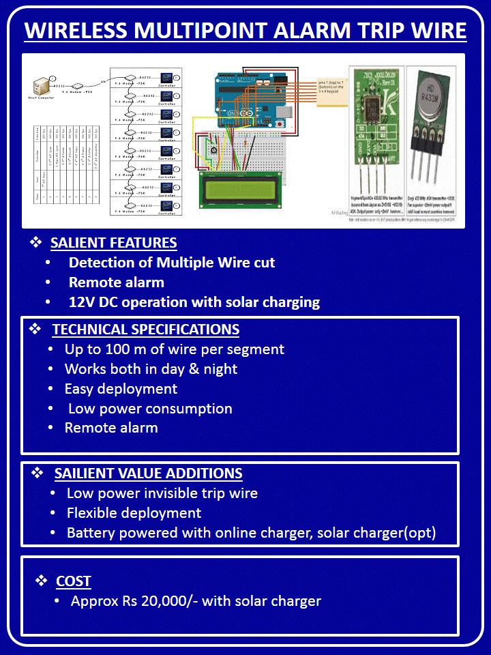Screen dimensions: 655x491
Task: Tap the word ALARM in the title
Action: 315,31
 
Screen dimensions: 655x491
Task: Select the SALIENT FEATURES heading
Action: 113,243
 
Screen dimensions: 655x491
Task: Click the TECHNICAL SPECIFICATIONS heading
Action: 145,330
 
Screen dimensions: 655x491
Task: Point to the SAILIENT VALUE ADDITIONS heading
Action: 148,474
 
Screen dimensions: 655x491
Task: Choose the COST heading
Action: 74,581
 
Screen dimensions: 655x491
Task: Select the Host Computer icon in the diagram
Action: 42,87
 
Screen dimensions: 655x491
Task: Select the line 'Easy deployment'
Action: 121,389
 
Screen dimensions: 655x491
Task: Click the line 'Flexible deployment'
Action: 134,513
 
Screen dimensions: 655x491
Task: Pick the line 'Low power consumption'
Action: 150,409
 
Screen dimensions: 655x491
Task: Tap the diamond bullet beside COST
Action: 42,581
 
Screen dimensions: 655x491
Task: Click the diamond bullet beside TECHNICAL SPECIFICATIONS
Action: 35,329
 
